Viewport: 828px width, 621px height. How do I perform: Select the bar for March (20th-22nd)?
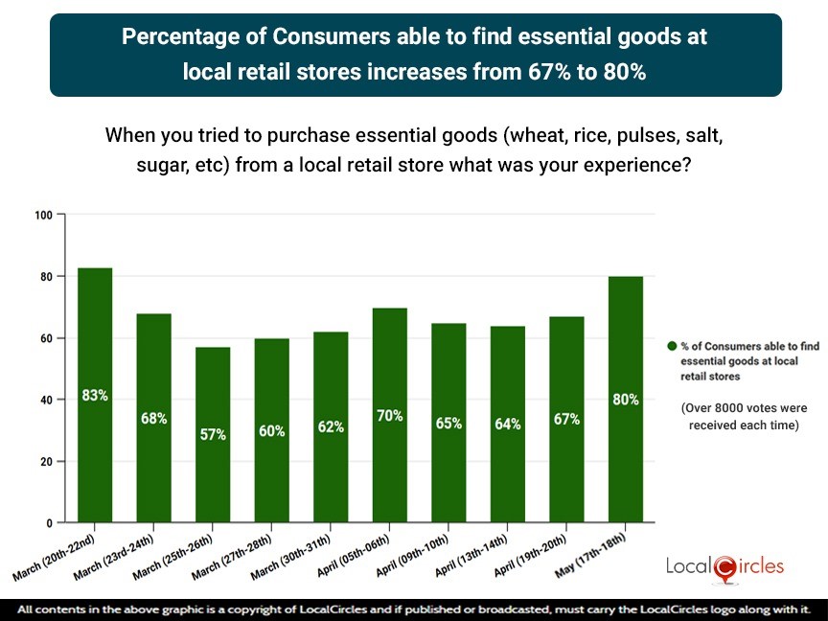pyautogui.click(x=95, y=395)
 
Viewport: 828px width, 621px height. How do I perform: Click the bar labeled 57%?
pyautogui.click(x=213, y=434)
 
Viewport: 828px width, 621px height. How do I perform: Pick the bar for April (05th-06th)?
pyautogui.click(x=390, y=415)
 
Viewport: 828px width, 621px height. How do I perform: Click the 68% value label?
pyautogui.click(x=154, y=418)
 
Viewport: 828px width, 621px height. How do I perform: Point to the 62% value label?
pyautogui.click(x=331, y=427)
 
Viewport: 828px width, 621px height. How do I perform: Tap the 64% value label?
pyautogui.click(x=508, y=424)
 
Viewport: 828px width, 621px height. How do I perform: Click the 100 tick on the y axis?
pyautogui.click(x=43, y=215)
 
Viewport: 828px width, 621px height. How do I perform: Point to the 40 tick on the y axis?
pyautogui.click(x=45, y=400)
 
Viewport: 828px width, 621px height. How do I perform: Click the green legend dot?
pyautogui.click(x=672, y=346)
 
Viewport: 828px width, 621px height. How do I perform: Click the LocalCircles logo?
pyautogui.click(x=724, y=566)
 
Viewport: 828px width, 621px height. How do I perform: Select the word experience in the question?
pyautogui.click(x=637, y=164)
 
